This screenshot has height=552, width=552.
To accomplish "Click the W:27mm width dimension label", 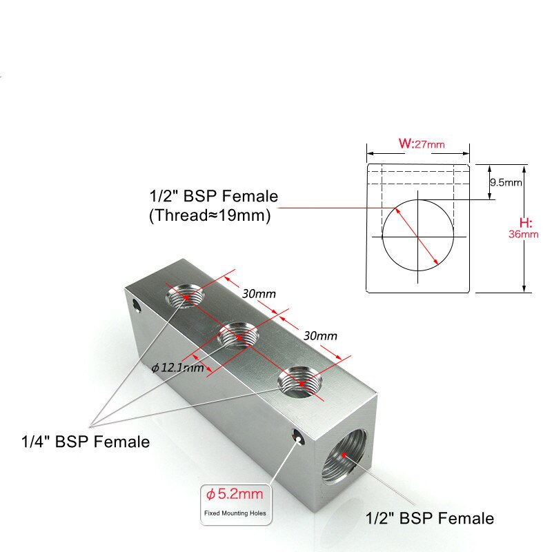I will tap(421, 144).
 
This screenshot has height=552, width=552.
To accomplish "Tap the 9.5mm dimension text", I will tap(505, 183).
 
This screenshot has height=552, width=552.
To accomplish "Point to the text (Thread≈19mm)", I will tap(209, 215).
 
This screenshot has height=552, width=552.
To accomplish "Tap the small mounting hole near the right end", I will tap(297, 436).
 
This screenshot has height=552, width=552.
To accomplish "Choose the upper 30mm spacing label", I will tap(259, 293).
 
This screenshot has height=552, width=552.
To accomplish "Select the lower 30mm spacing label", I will tap(320, 336).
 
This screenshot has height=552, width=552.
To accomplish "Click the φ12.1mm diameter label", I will tap(177, 367).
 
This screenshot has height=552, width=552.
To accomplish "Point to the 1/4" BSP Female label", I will tap(85, 442).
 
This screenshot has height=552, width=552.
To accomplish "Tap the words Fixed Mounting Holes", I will tap(235, 513).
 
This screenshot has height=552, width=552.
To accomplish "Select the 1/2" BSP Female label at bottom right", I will tap(429, 518).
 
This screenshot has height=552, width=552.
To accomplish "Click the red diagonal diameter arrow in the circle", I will tap(417, 235).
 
